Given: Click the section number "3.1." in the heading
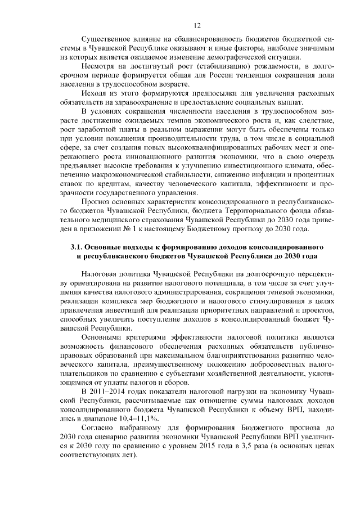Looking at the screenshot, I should tap(78, 247).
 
